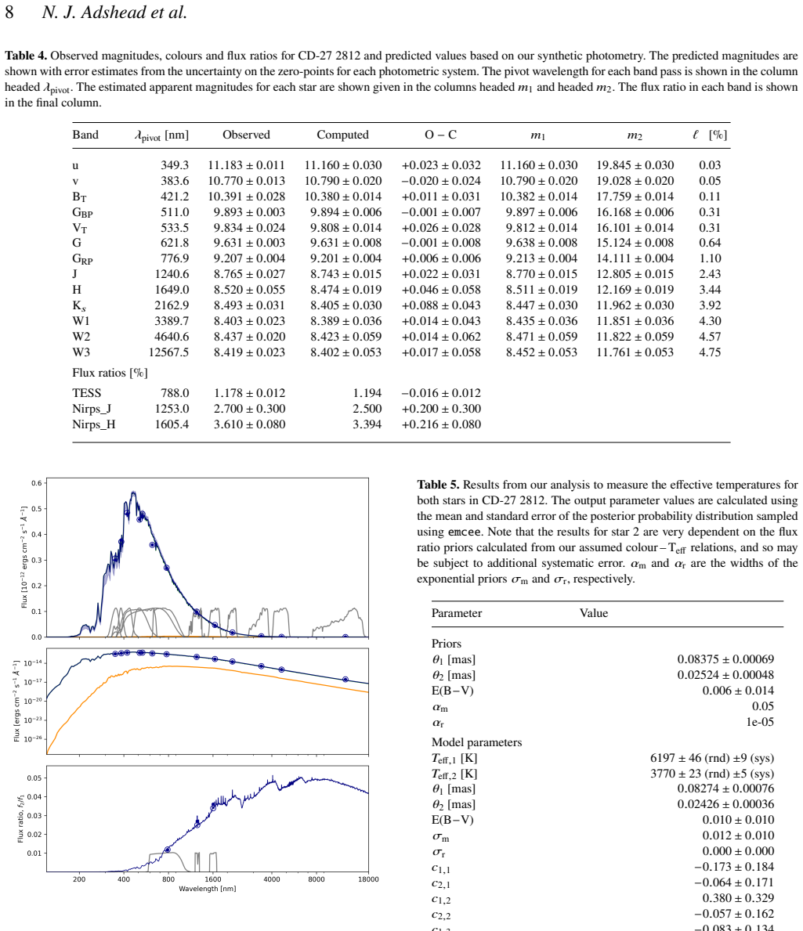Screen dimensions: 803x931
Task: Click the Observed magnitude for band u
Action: [x=247, y=165]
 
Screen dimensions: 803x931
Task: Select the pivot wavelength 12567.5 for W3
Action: [x=168, y=352]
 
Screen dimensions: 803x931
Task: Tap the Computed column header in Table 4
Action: [x=342, y=135]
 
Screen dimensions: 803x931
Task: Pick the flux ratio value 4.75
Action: [x=710, y=352]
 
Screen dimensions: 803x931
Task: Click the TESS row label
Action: [x=87, y=393]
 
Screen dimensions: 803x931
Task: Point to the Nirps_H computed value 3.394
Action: [x=367, y=424]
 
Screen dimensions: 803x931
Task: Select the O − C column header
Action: [x=441, y=135]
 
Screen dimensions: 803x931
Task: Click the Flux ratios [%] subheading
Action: [x=110, y=373]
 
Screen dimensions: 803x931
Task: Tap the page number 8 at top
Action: [x=9, y=12]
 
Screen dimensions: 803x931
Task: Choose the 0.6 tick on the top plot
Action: [x=37, y=483]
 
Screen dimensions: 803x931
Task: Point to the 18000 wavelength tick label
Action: [x=368, y=879]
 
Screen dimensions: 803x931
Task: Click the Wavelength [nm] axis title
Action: [x=208, y=889]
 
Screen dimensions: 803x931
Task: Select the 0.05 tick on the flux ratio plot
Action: [x=34, y=778]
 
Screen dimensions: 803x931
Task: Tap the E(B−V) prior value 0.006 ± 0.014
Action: [x=738, y=691]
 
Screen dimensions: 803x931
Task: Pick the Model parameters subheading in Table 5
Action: [x=477, y=742]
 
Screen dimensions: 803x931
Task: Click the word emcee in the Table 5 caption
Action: [x=465, y=532]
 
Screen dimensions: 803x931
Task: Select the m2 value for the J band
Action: [x=635, y=274]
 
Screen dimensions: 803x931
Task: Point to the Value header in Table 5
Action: [x=594, y=613]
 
